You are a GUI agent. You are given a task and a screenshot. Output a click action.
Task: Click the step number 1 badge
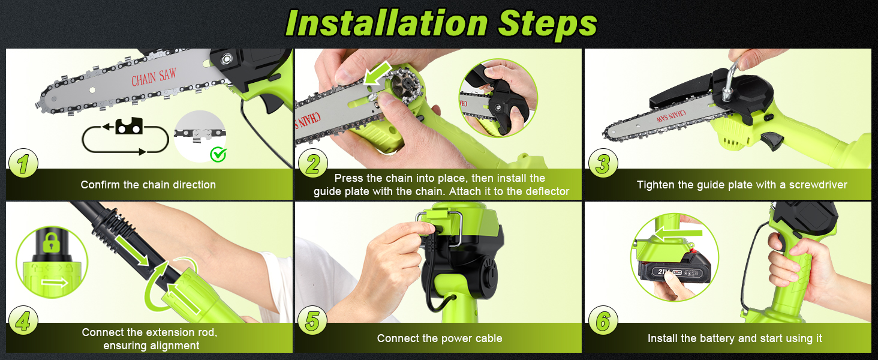pyautogui.click(x=23, y=163)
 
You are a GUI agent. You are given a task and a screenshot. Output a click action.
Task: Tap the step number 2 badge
pyautogui.click(x=313, y=163)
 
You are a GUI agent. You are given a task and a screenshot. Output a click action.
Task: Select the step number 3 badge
pyautogui.click(x=603, y=163)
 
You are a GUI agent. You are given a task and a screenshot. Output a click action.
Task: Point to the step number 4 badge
pyautogui.click(x=23, y=321)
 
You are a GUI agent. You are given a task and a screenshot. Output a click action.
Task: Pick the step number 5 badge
pyautogui.click(x=313, y=321)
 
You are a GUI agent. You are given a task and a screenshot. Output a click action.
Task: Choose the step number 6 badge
pyautogui.click(x=603, y=321)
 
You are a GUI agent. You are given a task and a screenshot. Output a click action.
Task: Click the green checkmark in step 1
pyautogui.click(x=218, y=154)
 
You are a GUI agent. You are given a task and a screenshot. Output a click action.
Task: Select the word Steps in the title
pyautogui.click(x=548, y=25)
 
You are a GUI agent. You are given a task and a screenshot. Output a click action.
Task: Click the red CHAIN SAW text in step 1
pyautogui.click(x=154, y=77)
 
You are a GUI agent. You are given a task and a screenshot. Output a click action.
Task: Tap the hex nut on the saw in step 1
pyautogui.click(x=227, y=59)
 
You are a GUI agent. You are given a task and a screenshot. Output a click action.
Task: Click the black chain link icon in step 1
pyautogui.click(x=128, y=126)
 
